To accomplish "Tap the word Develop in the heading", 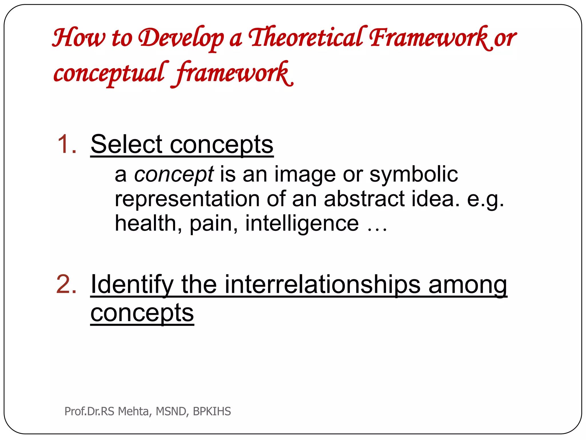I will tap(181, 39).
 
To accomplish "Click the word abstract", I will tap(364, 199).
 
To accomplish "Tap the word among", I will tap(468, 285).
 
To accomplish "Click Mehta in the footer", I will tap(133, 411).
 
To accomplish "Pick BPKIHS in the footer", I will tap(212, 411).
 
